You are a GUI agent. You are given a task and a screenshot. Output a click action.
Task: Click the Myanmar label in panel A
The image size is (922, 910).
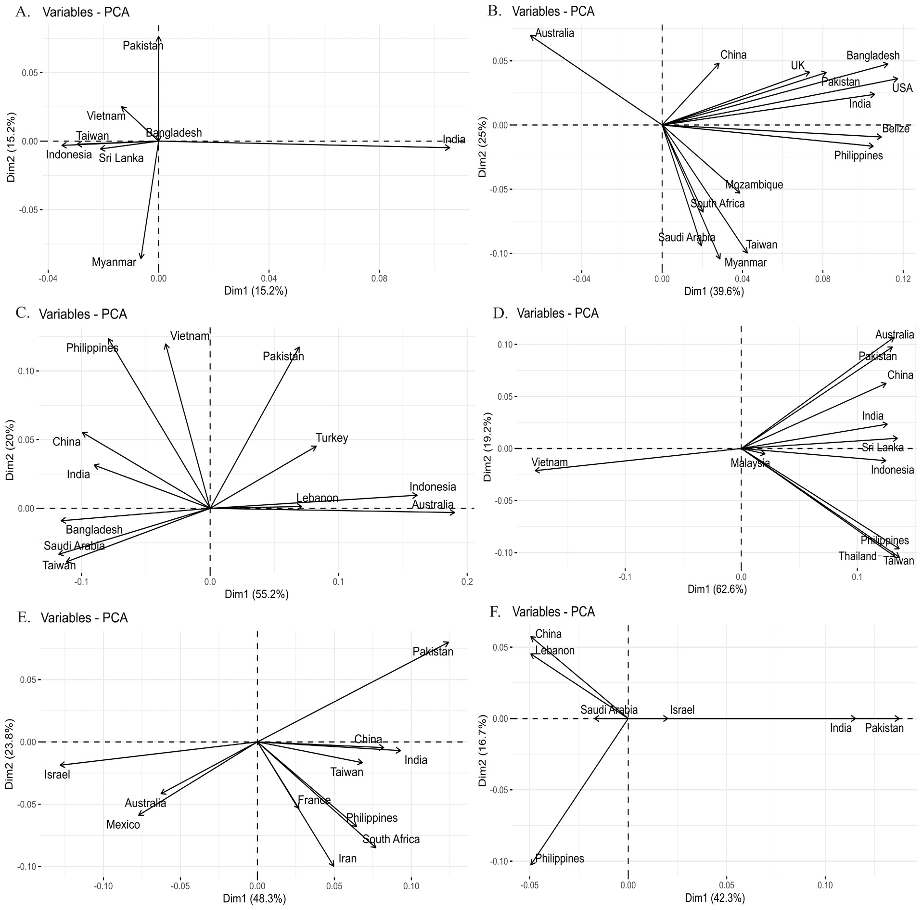pos(114,263)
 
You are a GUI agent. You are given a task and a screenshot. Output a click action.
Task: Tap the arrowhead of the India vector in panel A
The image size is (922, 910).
pos(449,148)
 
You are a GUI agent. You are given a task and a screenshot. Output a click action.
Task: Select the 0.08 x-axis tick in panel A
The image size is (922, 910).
pos(379,278)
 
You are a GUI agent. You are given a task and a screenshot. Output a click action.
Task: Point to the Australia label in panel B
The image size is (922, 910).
pos(554,33)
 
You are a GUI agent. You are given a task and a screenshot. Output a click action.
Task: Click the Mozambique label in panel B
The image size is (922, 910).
pos(754,185)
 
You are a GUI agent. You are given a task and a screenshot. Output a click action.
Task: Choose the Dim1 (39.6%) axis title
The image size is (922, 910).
pos(714,291)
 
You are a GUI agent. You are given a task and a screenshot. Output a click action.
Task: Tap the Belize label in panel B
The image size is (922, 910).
pos(896,129)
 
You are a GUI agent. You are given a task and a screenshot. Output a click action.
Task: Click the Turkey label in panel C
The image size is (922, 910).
pos(332,438)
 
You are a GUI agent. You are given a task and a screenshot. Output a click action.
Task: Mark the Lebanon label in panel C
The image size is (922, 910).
pos(317,498)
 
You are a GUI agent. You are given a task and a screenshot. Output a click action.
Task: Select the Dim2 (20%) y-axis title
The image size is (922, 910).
pos(11,450)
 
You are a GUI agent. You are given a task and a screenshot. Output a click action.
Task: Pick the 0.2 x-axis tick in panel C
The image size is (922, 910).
pos(467,582)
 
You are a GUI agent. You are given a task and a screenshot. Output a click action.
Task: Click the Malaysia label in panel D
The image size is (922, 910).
pos(750,463)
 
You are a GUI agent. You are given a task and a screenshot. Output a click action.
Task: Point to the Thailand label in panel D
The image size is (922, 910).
pos(858,556)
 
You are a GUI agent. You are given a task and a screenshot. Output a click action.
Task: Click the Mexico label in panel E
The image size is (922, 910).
pos(123,825)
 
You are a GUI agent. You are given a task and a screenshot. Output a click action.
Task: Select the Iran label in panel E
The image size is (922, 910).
pos(347,859)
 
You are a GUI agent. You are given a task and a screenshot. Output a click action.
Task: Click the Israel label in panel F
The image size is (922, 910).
pos(682,709)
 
